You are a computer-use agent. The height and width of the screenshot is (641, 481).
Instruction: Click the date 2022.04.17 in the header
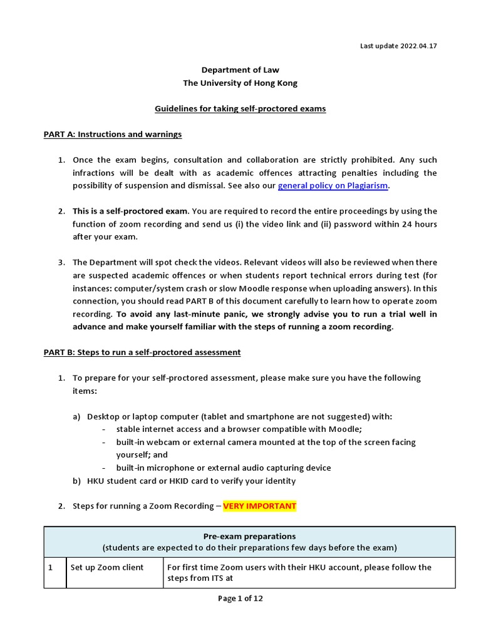[x=416, y=46]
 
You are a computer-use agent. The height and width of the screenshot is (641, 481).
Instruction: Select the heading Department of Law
[x=240, y=71]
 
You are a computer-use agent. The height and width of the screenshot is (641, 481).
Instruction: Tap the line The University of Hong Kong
[x=240, y=83]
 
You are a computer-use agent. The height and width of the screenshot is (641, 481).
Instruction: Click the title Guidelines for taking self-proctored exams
[x=240, y=108]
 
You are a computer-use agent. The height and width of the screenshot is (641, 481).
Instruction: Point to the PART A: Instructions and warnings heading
[x=113, y=134]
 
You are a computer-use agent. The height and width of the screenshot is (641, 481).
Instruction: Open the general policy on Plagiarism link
[x=333, y=185]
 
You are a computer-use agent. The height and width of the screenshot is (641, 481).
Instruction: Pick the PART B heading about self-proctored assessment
[x=142, y=352]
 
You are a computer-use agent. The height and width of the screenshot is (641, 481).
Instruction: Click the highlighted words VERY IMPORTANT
[x=259, y=506]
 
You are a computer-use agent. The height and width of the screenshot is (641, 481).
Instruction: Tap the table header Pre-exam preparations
[x=249, y=536]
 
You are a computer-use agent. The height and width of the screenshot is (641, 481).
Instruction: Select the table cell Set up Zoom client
[x=107, y=567]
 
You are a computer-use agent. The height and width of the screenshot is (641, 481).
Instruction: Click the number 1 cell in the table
[x=51, y=567]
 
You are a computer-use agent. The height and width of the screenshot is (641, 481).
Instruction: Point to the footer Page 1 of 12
[x=240, y=598]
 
